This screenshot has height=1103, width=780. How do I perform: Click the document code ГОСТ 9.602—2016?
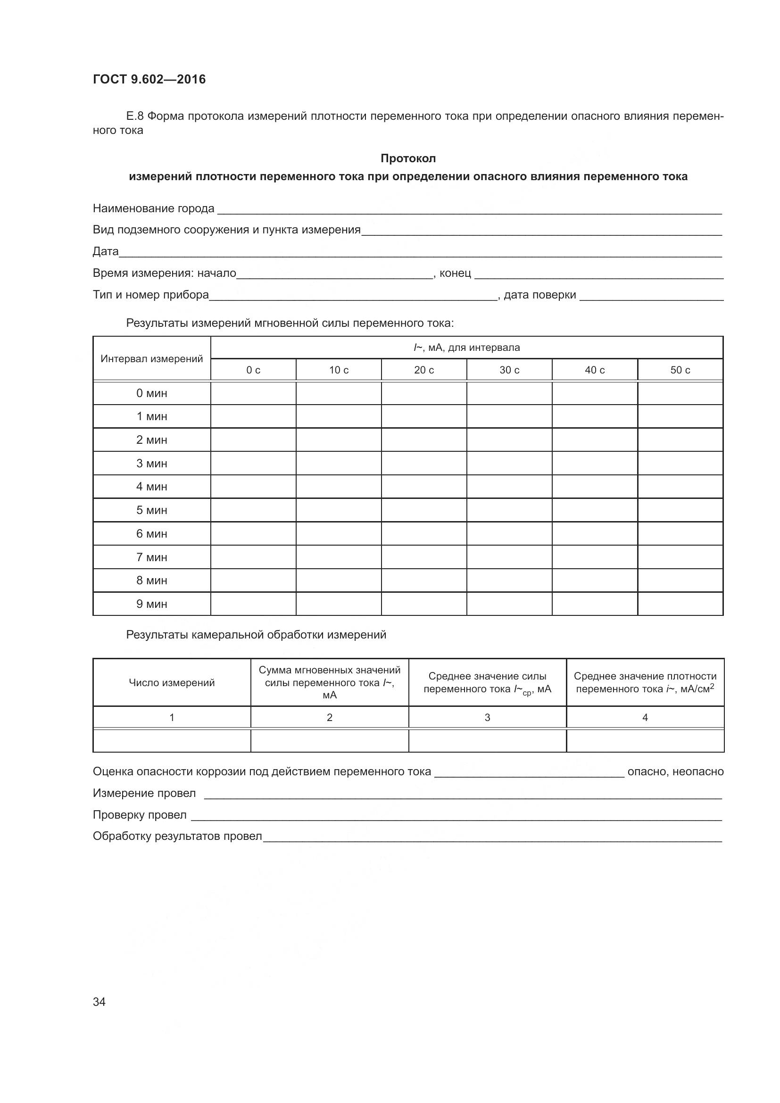pos(149,79)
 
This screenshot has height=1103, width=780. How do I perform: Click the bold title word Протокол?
pos(408,158)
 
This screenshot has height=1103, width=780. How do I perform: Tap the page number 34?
pos(99,1002)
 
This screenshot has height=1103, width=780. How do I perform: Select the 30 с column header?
pos(509,370)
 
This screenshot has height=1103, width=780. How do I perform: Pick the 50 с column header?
pos(680,370)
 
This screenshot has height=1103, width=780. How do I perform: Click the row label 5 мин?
pos(152,510)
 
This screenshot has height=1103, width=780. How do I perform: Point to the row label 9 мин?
pos(152,604)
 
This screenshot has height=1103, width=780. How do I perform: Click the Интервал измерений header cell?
pos(152,359)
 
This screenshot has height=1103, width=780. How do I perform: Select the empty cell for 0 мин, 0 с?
pos(253,393)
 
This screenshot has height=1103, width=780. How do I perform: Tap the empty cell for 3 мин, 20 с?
pos(423,463)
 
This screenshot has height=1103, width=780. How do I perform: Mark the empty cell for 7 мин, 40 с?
pos(595,557)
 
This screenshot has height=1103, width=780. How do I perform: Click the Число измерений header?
pos(172,683)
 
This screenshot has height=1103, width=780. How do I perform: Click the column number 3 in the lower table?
pos(487,717)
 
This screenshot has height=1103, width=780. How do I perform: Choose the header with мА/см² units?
pos(645,683)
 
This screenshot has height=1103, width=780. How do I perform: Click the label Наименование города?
pos(153,208)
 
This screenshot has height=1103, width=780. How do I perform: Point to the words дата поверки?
pos(539,294)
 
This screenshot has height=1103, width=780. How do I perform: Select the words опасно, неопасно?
pos(675,771)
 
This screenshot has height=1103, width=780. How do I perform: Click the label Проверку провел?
pos(139,815)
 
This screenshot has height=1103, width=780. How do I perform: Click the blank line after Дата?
pos(420,252)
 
